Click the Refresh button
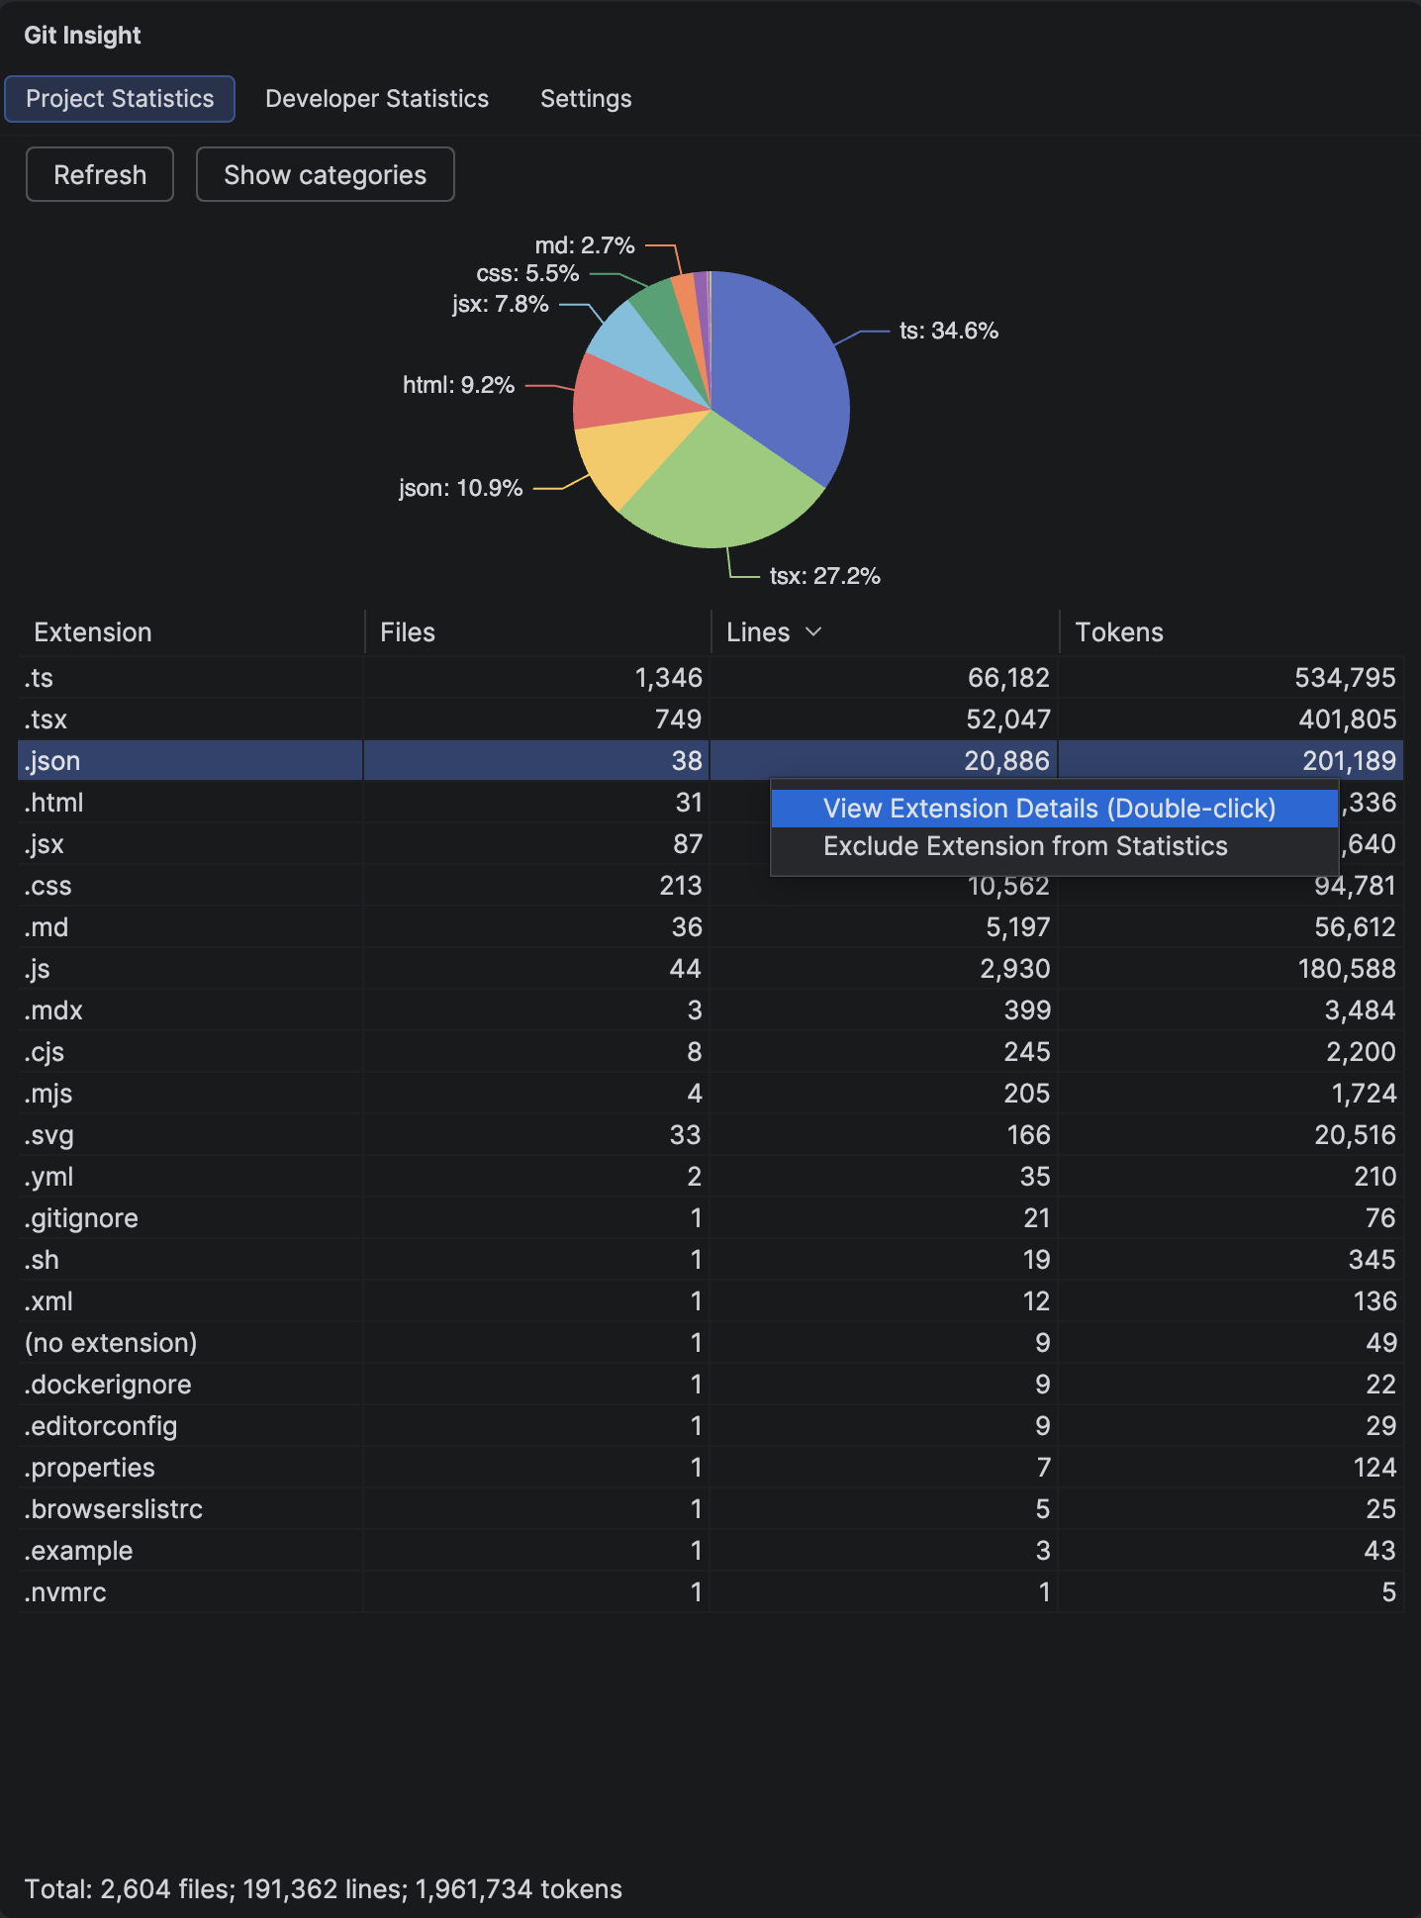pyautogui.click(x=100, y=175)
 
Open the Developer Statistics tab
pyautogui.click(x=377, y=99)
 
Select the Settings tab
pyautogui.click(x=586, y=99)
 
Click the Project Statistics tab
pyautogui.click(x=120, y=99)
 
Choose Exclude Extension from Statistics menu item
pyautogui.click(x=1025, y=846)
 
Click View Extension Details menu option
pyautogui.click(x=1049, y=809)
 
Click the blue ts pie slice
pyautogui.click(x=782, y=376)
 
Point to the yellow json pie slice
pyautogui.click(x=618, y=455)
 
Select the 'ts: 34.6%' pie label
pyautogui.click(x=948, y=331)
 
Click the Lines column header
pyautogui.click(x=759, y=632)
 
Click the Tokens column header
pyautogui.click(x=1119, y=632)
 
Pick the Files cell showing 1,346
pyautogui.click(x=668, y=678)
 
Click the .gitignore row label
pyautogui.click(x=81, y=1218)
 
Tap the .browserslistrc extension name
pyautogui.click(x=114, y=1509)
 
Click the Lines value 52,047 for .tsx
pyautogui.click(x=1007, y=719)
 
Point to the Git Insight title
pyautogui.click(x=82, y=36)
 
